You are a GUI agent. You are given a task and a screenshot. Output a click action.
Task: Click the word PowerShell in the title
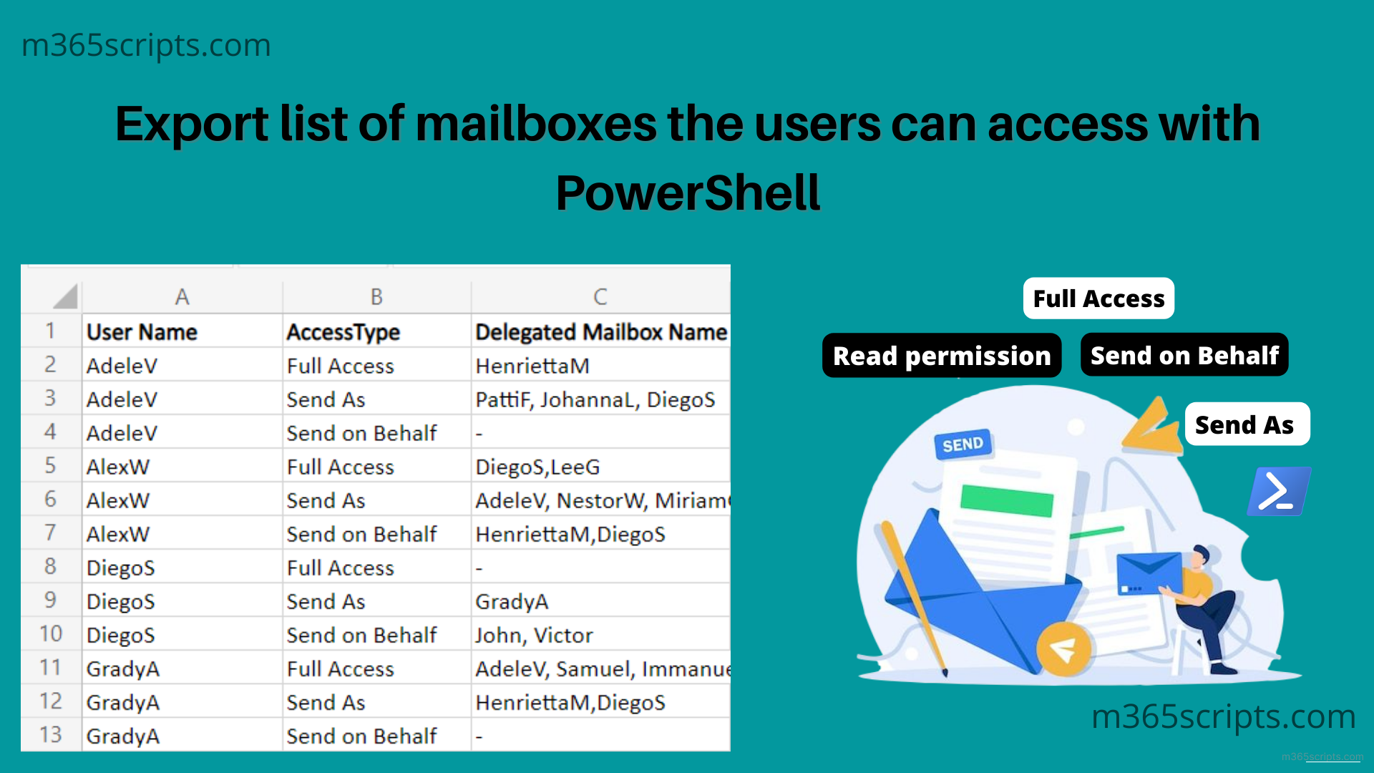[x=688, y=193]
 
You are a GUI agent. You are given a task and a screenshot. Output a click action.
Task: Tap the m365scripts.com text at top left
[x=146, y=45]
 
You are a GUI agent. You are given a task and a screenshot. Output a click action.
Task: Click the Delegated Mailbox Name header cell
[x=600, y=332]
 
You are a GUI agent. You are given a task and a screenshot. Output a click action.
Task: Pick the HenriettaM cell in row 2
[x=532, y=366]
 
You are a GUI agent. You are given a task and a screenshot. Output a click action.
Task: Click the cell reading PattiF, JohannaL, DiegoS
[x=595, y=399]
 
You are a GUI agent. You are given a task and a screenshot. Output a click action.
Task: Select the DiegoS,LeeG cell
[x=537, y=467]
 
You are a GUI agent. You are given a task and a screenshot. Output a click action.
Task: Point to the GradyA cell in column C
[x=512, y=601]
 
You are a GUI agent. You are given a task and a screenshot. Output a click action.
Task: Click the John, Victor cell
[x=534, y=635]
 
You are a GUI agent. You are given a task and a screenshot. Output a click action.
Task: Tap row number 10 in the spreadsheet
[x=51, y=634]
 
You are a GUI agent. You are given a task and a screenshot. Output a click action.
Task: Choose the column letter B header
[x=376, y=296]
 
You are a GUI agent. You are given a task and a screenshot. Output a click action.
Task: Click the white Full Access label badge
[x=1098, y=298]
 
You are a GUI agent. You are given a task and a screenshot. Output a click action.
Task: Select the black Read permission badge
[x=942, y=356]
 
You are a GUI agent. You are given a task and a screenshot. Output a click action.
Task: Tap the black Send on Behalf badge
[x=1184, y=355]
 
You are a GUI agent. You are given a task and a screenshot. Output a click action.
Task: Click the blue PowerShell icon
[x=1279, y=492]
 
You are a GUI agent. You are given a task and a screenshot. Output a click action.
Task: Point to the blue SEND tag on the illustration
[x=963, y=444]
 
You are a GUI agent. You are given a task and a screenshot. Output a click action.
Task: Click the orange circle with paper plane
[x=1063, y=648]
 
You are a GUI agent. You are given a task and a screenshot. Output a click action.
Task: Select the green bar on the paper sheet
[x=1006, y=500]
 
